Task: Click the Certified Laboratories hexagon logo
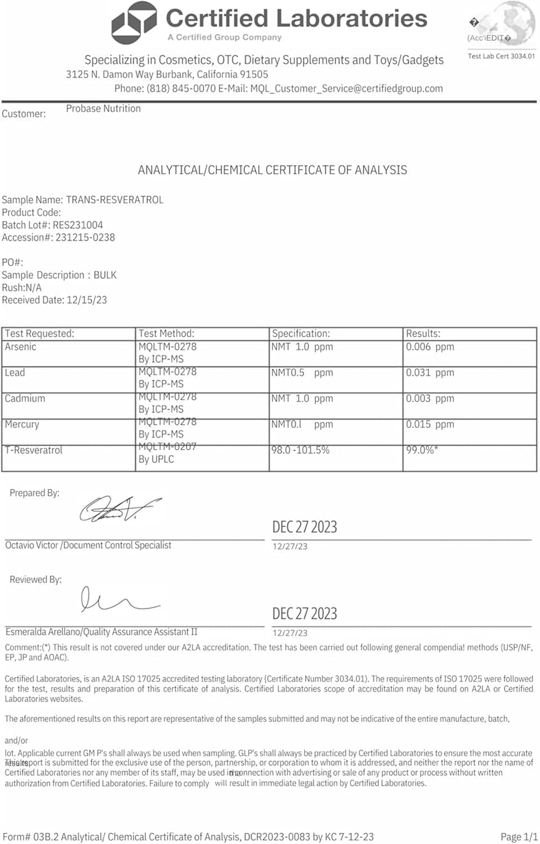(x=133, y=23)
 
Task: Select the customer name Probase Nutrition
(x=103, y=109)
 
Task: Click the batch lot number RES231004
(x=78, y=225)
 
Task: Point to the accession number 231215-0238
(x=85, y=237)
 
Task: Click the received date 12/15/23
(x=87, y=300)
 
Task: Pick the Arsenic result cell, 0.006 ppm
(x=430, y=347)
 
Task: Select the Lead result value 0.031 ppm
(x=430, y=372)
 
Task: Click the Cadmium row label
(x=25, y=398)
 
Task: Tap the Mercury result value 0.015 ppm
(x=430, y=424)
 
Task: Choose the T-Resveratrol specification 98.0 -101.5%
(x=300, y=450)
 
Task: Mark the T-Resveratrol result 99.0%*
(x=422, y=450)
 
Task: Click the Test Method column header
(x=166, y=334)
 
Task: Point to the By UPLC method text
(x=156, y=459)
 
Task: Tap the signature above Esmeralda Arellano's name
(x=118, y=600)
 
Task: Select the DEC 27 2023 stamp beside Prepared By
(x=305, y=527)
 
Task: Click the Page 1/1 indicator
(x=519, y=837)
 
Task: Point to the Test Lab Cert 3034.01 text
(x=501, y=56)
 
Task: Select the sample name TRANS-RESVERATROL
(x=114, y=200)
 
